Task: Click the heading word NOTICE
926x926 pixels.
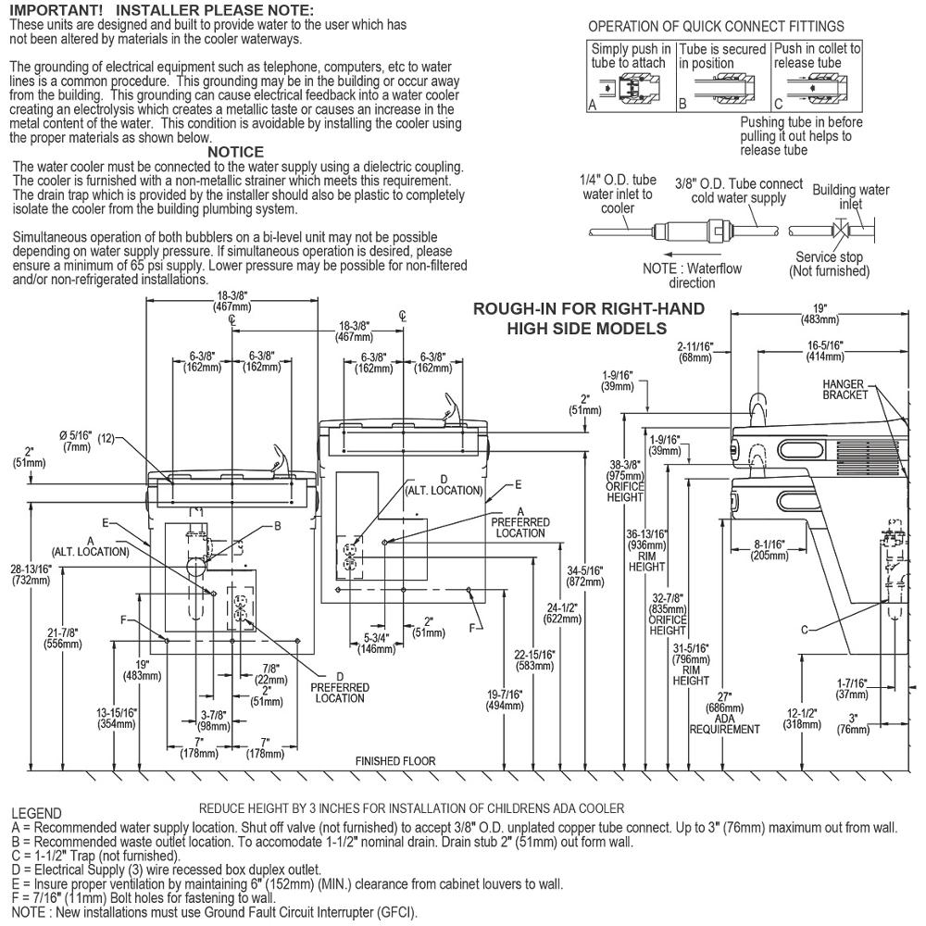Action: pyautogui.click(x=235, y=152)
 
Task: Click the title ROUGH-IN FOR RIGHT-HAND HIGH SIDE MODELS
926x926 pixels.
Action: pyautogui.click(x=588, y=319)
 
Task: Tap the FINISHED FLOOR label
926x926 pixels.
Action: pyautogui.click(x=395, y=761)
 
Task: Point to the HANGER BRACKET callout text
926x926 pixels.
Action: pyautogui.click(x=845, y=390)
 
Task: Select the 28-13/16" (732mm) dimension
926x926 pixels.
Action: pyautogui.click(x=31, y=575)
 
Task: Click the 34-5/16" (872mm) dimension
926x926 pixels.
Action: pyautogui.click(x=584, y=576)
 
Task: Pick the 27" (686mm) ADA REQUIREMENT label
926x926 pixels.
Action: pyautogui.click(x=725, y=713)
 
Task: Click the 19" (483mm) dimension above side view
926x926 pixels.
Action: pyautogui.click(x=820, y=314)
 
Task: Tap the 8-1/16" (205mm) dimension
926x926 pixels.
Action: pyautogui.click(x=770, y=550)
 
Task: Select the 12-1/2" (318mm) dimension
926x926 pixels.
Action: pyautogui.click(x=802, y=720)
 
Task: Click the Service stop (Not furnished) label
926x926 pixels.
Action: pyautogui.click(x=829, y=264)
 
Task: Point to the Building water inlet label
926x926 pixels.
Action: pyautogui.click(x=850, y=196)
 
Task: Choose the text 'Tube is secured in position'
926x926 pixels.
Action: pyautogui.click(x=722, y=56)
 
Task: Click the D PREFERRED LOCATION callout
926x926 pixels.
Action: pyautogui.click(x=340, y=687)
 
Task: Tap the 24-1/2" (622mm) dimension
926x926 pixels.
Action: pyautogui.click(x=562, y=614)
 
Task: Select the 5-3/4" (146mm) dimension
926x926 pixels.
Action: pyautogui.click(x=376, y=644)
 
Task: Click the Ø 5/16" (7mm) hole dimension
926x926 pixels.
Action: pyautogui.click(x=78, y=441)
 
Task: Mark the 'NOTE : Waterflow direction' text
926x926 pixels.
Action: pyautogui.click(x=692, y=275)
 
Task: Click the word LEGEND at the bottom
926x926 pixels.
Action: pyautogui.click(x=37, y=814)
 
